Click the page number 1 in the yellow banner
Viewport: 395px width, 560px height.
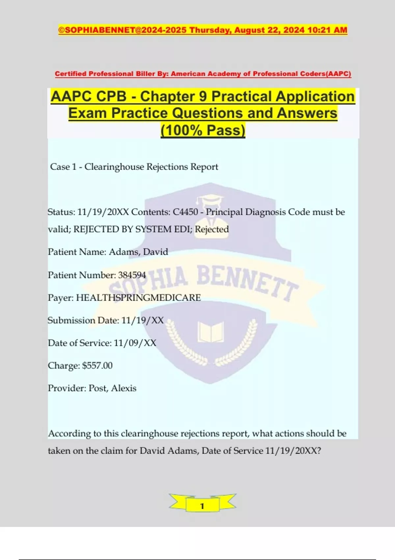[202, 506]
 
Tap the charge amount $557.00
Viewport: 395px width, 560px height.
[97, 366]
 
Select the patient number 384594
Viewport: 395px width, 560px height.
[132, 275]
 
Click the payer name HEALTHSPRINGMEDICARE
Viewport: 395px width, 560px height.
[138, 298]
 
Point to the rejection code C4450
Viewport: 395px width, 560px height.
[185, 212]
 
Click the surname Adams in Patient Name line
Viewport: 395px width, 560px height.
[120, 252]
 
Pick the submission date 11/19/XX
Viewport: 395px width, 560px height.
[142, 321]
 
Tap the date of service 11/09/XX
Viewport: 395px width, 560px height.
[135, 343]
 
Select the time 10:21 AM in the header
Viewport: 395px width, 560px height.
[327, 30]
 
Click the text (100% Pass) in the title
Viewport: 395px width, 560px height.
[203, 130]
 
